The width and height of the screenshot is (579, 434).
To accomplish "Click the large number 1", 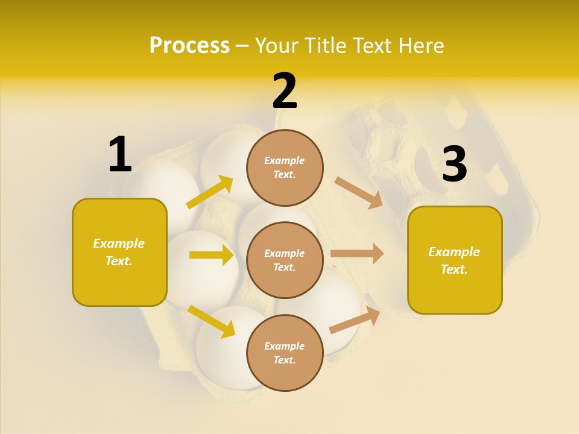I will (120, 155).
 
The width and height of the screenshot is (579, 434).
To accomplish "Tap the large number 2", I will (285, 92).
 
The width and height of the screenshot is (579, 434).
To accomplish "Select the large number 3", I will (454, 164).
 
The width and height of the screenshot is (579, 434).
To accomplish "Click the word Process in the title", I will (189, 45).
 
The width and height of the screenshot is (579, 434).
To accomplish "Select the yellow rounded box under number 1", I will (119, 252).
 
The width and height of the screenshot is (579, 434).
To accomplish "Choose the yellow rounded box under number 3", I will (455, 260).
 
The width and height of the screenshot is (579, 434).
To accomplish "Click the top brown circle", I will (285, 168).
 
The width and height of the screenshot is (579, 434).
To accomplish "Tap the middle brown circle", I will (285, 260).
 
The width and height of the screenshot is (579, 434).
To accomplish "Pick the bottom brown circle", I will (285, 353).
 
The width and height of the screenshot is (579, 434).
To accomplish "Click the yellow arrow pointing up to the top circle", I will (210, 192).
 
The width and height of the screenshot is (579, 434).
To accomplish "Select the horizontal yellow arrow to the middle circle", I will (211, 255).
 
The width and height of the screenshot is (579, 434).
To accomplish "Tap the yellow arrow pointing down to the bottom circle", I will (211, 321).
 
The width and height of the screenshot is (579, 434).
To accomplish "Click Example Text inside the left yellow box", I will (119, 252).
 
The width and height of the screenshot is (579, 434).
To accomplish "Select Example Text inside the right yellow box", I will (455, 260).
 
